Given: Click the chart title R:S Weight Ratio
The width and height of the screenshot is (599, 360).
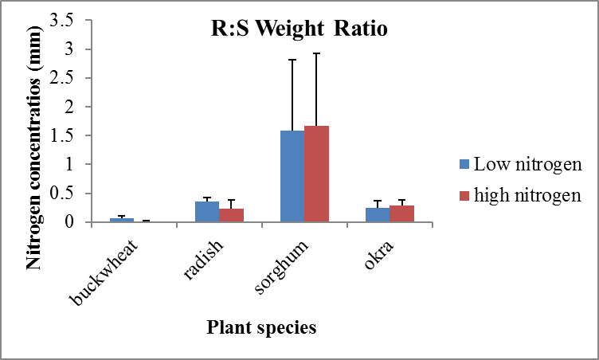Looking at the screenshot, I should pos(293,31).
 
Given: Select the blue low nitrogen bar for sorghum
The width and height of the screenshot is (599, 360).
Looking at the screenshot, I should pos(292,176).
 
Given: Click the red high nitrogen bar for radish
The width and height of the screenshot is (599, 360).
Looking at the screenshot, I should pos(231,215).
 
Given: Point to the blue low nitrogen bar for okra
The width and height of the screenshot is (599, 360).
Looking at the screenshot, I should pos(377,214).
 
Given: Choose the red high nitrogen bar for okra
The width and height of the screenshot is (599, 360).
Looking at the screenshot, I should pos(401,213).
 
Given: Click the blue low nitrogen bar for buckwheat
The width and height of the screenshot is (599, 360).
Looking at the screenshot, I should pos(122,219).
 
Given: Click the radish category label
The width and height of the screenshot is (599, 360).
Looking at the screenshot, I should pos(199,259).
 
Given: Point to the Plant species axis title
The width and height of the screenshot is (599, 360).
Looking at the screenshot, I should pos(260,327).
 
